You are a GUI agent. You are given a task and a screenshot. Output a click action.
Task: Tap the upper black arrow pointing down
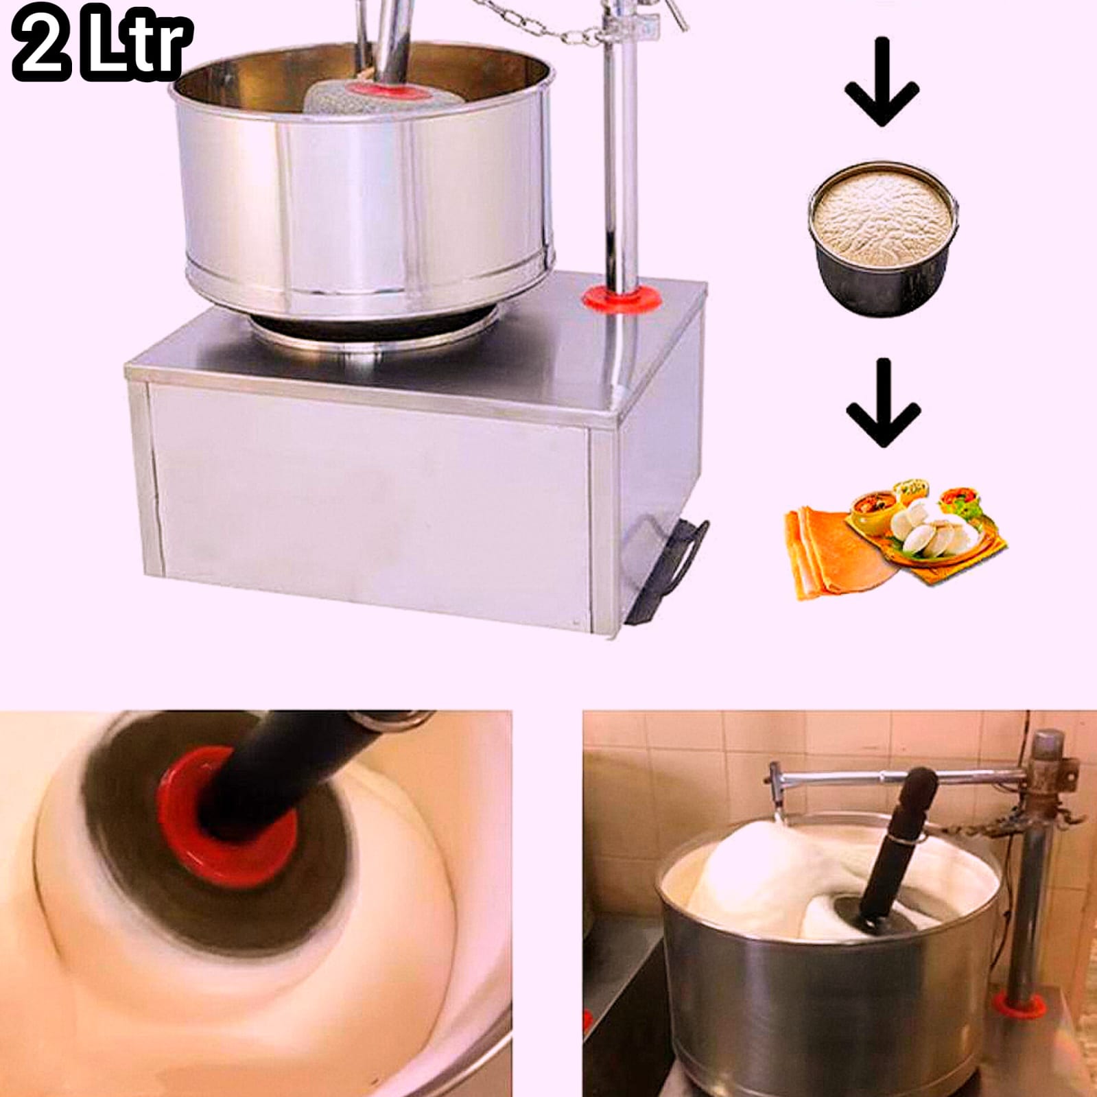point(882,82)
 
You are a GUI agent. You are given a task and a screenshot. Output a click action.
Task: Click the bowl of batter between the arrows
point(883,237)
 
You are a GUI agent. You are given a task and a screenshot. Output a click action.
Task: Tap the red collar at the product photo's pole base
point(623,299)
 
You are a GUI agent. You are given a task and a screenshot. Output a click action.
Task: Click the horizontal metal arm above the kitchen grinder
point(899,777)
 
